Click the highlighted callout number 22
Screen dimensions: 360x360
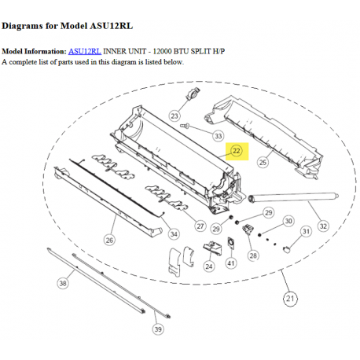[237, 151]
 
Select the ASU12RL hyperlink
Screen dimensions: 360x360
[85, 51]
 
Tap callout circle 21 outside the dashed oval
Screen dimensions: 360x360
[290, 299]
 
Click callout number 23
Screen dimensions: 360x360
[174, 116]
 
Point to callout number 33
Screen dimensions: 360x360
[219, 136]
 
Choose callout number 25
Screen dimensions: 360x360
[263, 163]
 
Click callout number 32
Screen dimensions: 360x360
[323, 226]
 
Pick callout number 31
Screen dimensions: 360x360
[306, 232]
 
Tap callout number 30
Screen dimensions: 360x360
[288, 221]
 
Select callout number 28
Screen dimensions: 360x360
[253, 255]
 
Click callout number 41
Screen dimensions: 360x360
[231, 263]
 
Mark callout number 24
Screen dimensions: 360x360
[209, 266]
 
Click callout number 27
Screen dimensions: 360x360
[200, 226]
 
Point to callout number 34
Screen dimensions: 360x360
[174, 234]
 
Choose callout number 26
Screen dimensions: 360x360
[109, 240]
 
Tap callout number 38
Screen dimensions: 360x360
[63, 283]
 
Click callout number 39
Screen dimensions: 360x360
[158, 329]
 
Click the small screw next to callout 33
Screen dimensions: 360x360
[185, 126]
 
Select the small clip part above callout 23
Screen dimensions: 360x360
[193, 94]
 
